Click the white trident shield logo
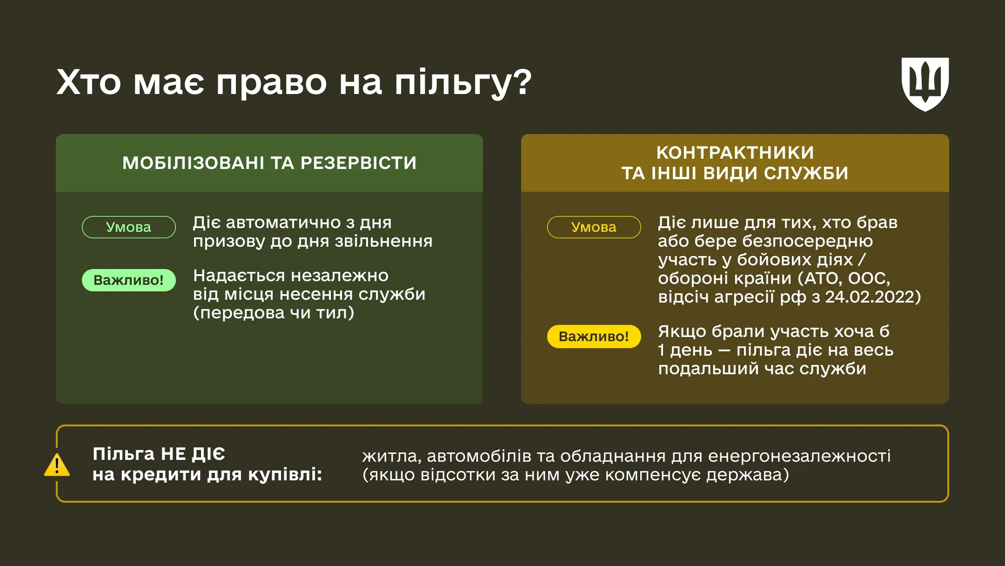pos(925,84)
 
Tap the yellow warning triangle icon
pos(57,465)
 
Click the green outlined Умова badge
pos(129,227)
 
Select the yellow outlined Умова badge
pos(594,227)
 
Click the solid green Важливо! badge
pos(129,280)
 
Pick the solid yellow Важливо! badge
pos(594,337)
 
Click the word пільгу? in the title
pos(463,83)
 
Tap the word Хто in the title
pos(88,82)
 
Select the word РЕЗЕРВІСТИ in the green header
pos(358,163)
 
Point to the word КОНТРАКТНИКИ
pos(735,153)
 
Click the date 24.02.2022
pos(870,297)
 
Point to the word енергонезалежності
pos(799,456)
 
